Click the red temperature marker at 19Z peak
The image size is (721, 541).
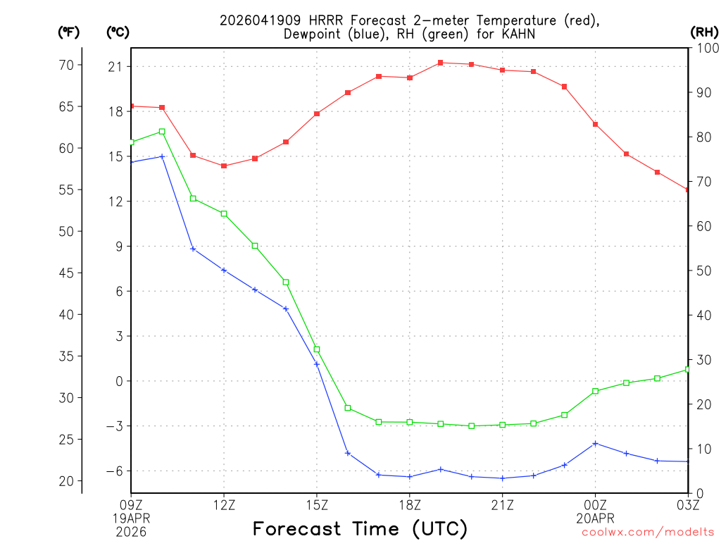coord(441,63)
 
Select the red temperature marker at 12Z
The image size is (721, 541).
coord(224,166)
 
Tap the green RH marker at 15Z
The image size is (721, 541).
coord(317,349)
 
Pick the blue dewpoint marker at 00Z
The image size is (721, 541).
coord(596,443)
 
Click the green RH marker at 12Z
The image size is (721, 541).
coord(224,213)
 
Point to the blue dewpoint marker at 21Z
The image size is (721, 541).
coord(503,478)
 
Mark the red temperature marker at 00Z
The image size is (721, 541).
coord(596,124)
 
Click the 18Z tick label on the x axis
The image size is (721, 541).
coord(410,504)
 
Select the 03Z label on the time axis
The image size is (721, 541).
coord(688,504)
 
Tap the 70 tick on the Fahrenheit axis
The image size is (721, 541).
coord(66,65)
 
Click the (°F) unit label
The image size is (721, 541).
coord(69,32)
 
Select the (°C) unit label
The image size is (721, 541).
coord(118,32)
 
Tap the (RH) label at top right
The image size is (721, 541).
coord(704,32)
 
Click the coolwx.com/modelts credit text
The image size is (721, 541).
coord(648,532)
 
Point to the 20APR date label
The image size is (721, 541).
coord(596,517)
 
